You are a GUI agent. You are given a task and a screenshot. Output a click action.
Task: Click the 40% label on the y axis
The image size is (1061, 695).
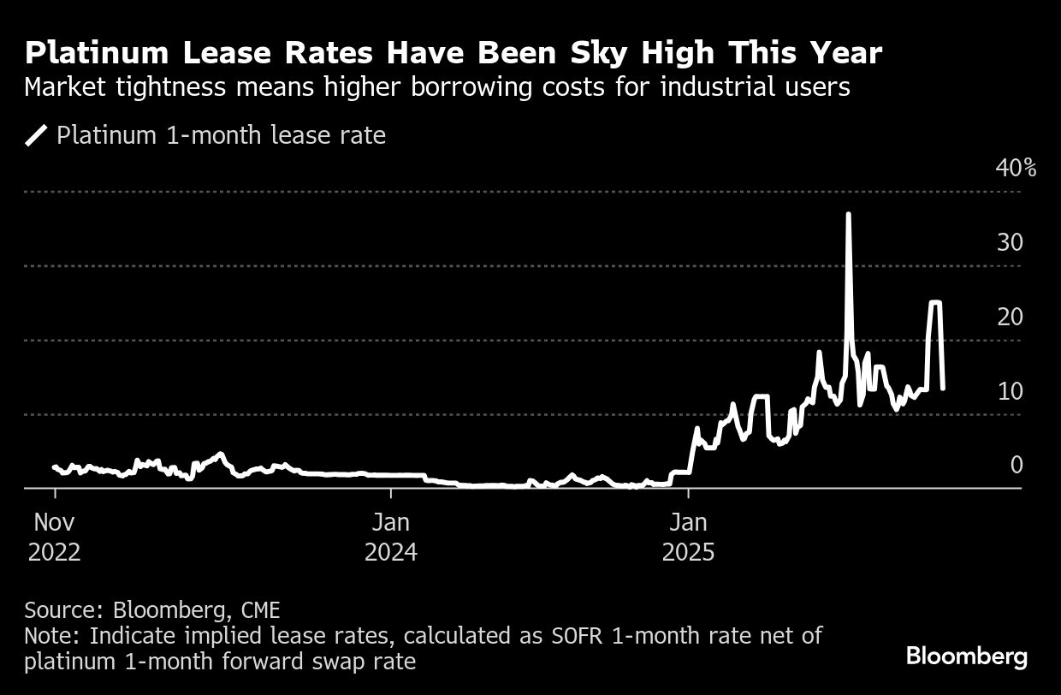pyautogui.click(x=1016, y=168)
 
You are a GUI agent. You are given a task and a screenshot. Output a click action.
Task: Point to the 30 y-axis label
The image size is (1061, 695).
pyautogui.click(x=1011, y=242)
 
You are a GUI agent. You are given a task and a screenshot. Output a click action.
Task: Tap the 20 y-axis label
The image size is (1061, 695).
pyautogui.click(x=1011, y=317)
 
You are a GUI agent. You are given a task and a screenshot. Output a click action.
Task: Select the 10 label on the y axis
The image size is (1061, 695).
pyautogui.click(x=1011, y=391)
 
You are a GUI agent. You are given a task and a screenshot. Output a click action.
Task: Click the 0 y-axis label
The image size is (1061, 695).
pyautogui.click(x=1017, y=465)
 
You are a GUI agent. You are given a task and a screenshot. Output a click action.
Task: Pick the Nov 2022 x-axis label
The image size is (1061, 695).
pyautogui.click(x=55, y=537)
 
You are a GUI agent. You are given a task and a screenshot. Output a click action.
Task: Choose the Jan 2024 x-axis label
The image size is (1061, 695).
pyautogui.click(x=391, y=537)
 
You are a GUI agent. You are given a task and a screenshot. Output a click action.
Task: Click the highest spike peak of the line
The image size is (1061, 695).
pyautogui.click(x=848, y=214)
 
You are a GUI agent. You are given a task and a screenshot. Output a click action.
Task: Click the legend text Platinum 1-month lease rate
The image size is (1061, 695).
pyautogui.click(x=221, y=135)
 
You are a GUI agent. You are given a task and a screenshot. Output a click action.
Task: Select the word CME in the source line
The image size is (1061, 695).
pyautogui.click(x=258, y=610)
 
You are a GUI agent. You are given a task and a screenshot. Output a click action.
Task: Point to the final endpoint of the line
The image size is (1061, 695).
pyautogui.click(x=942, y=389)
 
